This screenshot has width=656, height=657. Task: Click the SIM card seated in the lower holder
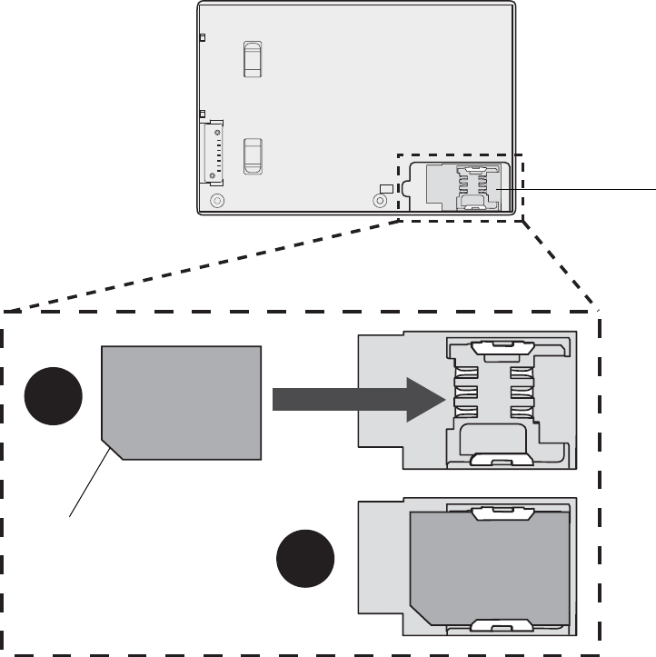point(491,568)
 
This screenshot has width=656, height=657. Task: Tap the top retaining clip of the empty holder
point(497,344)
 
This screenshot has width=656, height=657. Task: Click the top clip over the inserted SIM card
point(497,513)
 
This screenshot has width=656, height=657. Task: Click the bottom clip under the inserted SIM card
point(497,625)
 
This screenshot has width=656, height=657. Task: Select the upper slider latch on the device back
point(253,58)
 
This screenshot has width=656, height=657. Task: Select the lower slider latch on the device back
point(253,154)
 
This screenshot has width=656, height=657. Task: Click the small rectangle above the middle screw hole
point(386,188)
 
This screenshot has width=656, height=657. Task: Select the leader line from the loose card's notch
point(91,482)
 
